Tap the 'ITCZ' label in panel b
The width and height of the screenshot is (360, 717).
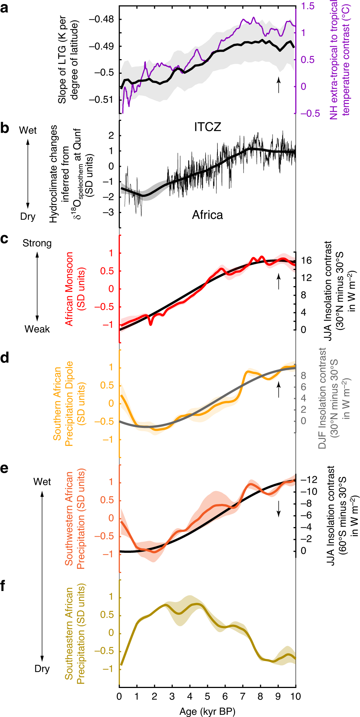pyautogui.click(x=208, y=127)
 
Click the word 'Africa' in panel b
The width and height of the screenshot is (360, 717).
pyautogui.click(x=208, y=215)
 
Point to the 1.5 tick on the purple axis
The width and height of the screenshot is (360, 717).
pyautogui.click(x=308, y=6)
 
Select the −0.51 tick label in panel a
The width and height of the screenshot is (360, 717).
pyautogui.click(x=101, y=100)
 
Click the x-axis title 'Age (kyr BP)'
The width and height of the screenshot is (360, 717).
pyautogui.click(x=207, y=711)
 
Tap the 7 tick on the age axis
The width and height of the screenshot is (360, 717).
pyautogui.click(x=242, y=696)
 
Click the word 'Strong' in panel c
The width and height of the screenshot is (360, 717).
pyautogui.click(x=37, y=243)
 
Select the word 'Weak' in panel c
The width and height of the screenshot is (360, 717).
pyautogui.click(x=37, y=329)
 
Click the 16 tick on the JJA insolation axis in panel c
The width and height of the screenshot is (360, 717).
pyautogui.click(x=306, y=260)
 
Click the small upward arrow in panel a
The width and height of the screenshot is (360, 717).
pyautogui.click(x=278, y=84)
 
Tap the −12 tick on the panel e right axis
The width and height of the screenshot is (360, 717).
pyautogui.click(x=309, y=480)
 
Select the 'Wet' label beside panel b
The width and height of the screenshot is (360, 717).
pyautogui.click(x=28, y=130)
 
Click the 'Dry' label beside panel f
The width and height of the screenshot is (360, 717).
pyautogui.click(x=42, y=669)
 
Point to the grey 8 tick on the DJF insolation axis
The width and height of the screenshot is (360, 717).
pyautogui.click(x=303, y=375)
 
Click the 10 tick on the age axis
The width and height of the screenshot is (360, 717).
pyautogui.click(x=295, y=696)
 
